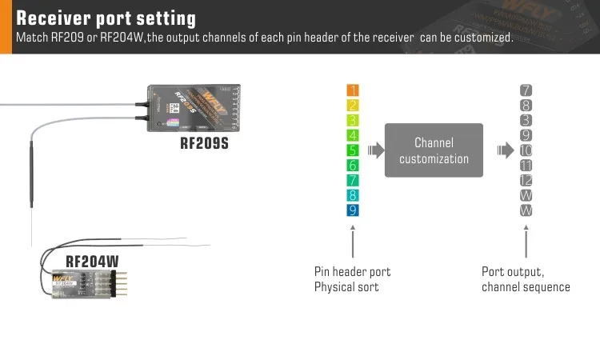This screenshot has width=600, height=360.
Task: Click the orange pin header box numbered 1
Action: [x=353, y=90]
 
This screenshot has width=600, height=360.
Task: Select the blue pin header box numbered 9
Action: [x=353, y=210]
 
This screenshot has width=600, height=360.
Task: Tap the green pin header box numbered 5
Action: [x=353, y=150]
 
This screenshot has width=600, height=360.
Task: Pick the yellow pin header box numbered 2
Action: [x=353, y=105]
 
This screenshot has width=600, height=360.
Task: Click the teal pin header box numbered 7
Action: [x=353, y=180]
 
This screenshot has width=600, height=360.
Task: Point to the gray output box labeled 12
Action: [x=526, y=180]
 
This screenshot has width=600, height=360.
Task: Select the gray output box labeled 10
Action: [x=526, y=150]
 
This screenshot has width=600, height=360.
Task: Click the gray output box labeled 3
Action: [x=526, y=120]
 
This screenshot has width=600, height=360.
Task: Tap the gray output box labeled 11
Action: [x=526, y=166]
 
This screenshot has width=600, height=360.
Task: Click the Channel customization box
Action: [x=434, y=150]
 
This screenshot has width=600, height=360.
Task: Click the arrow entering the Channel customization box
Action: [x=374, y=150]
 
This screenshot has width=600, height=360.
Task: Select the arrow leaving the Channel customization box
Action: [x=504, y=150]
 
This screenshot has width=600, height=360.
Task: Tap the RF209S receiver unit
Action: [x=192, y=109]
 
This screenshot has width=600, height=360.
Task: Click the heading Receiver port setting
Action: [x=106, y=18]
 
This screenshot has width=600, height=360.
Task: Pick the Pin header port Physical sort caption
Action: [x=352, y=279]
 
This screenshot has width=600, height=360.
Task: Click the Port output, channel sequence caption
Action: [x=526, y=279]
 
